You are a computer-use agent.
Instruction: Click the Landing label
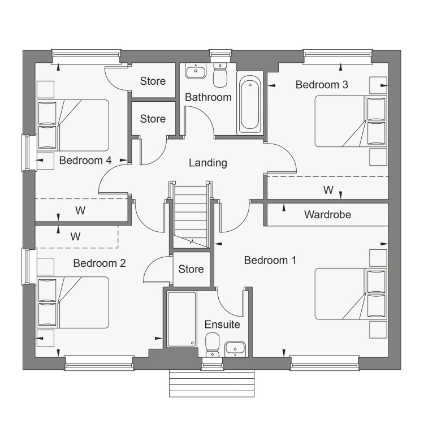(x=207, y=163)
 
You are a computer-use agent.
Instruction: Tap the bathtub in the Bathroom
(x=250, y=103)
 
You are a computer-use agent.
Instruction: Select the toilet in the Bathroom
(x=220, y=75)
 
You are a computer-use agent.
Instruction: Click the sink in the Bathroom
(x=196, y=71)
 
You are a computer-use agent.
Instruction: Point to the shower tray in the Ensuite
(x=181, y=319)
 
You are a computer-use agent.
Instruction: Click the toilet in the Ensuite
(x=213, y=345)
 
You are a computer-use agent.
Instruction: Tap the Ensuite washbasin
(x=235, y=349)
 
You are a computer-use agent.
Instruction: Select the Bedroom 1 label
(x=270, y=260)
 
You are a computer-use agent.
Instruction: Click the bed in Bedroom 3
(x=351, y=121)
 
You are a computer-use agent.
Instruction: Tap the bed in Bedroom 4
(x=73, y=125)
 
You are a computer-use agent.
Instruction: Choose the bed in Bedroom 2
(x=73, y=302)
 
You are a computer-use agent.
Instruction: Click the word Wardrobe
(x=328, y=215)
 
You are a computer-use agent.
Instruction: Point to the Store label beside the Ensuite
(x=191, y=269)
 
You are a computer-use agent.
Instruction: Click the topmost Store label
(x=153, y=81)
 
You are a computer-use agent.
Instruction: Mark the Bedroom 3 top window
(x=338, y=57)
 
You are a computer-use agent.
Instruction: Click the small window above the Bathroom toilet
(x=220, y=56)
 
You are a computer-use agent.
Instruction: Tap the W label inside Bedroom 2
(x=75, y=237)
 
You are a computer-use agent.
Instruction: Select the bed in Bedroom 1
(x=351, y=293)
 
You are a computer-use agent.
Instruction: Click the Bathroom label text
(x=208, y=97)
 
